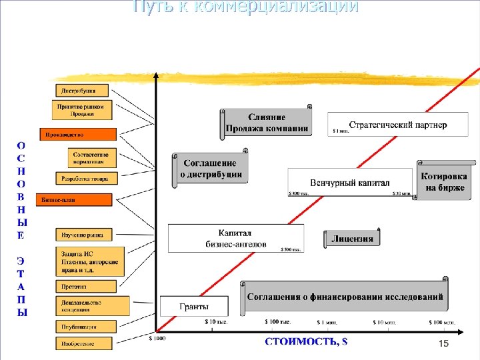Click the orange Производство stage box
78,134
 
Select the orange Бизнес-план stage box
75,199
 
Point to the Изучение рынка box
83,234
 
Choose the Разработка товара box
86,178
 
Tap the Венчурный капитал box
350,182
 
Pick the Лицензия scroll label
353,238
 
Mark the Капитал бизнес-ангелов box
235,238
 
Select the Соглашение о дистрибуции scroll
210,168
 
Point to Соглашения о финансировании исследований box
345,296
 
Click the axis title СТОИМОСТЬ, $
306,342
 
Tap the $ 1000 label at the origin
157,338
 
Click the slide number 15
444,343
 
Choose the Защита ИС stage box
90,262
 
